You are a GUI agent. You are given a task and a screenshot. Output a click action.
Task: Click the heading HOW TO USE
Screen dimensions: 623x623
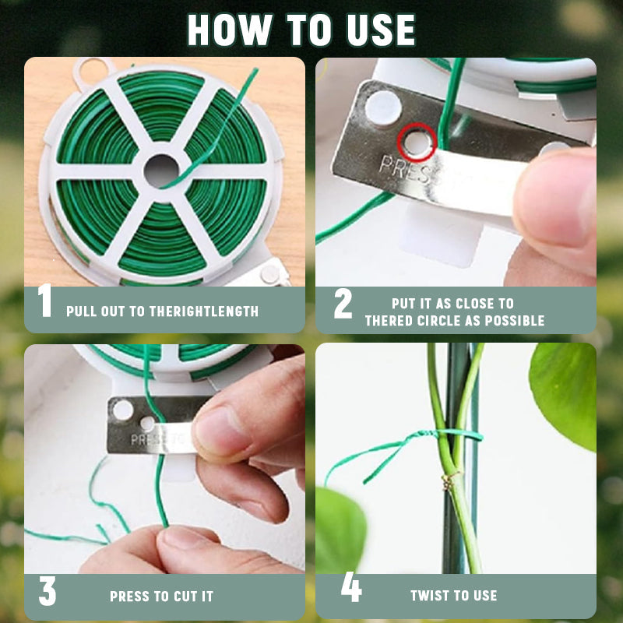click(301, 29)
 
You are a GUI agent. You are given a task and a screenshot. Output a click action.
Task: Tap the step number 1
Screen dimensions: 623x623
click(45, 302)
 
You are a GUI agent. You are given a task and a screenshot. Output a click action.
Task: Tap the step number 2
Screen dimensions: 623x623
click(343, 304)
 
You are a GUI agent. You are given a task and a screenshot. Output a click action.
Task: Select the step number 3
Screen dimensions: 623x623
click(47, 592)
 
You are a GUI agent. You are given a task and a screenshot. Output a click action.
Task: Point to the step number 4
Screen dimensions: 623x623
click(351, 590)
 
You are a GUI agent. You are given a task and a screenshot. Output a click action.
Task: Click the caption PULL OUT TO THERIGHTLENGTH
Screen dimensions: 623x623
click(162, 311)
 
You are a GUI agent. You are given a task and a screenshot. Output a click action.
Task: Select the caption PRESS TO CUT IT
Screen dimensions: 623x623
click(161, 597)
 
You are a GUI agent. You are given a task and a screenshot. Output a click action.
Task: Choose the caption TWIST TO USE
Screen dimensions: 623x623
click(453, 596)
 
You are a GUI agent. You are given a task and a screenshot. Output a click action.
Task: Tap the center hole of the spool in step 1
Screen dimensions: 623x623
click(161, 170)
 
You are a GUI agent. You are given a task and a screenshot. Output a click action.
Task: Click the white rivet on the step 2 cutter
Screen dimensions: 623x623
click(384, 106)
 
